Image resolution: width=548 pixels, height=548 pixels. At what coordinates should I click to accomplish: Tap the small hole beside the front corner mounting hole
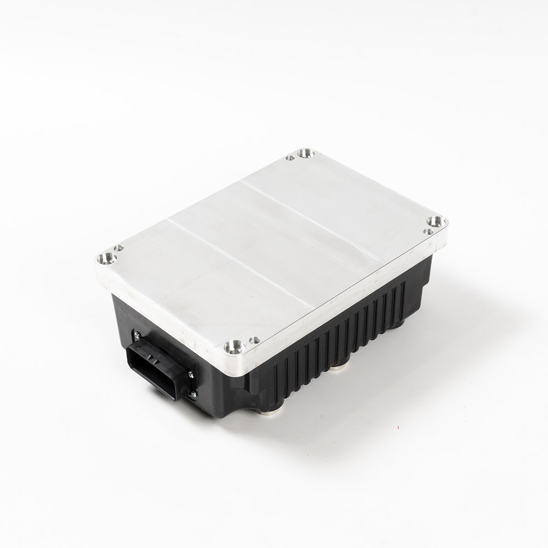[x=253, y=340]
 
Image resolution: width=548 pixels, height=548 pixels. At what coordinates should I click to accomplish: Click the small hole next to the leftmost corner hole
[x=118, y=248]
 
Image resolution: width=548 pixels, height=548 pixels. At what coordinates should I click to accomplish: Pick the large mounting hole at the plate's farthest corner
[x=305, y=153]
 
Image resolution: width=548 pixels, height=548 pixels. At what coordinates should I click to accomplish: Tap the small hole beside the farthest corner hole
[x=290, y=158]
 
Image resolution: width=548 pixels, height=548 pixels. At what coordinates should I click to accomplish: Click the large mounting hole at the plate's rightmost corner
[x=436, y=221]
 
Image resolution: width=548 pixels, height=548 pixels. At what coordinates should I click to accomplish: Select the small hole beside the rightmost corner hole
[x=429, y=231]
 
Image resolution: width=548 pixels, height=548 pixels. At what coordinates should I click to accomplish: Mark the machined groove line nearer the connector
[x=241, y=263]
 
